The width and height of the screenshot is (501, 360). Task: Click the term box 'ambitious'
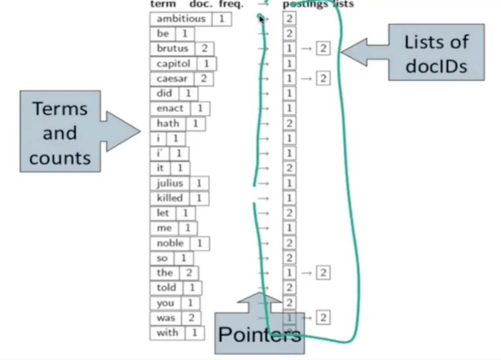[x=181, y=19]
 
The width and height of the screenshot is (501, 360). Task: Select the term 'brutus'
[x=172, y=49]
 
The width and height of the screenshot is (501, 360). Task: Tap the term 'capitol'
[x=173, y=64]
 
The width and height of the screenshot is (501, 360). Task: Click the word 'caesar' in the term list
[x=172, y=79]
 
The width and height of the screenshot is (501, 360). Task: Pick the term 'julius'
[x=170, y=183]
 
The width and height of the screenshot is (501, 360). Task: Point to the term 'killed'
[x=169, y=198]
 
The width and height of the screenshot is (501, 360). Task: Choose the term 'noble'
[x=170, y=243]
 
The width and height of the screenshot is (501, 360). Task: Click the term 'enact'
[x=170, y=109]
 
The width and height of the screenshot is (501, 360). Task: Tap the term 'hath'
[x=168, y=124]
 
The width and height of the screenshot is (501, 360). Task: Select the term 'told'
[x=166, y=288]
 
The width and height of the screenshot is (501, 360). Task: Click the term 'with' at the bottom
[x=167, y=333]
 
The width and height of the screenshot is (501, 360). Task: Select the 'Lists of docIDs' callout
[x=435, y=53]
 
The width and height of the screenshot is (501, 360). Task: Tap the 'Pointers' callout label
[x=259, y=335]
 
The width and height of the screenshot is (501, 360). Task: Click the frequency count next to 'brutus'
[x=205, y=49]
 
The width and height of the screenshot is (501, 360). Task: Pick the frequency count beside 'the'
[x=189, y=273]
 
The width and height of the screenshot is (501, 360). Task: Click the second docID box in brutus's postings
[x=323, y=48]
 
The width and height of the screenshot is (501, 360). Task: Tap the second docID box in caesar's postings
[x=323, y=78]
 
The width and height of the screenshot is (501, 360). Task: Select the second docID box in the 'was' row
[x=323, y=317]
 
